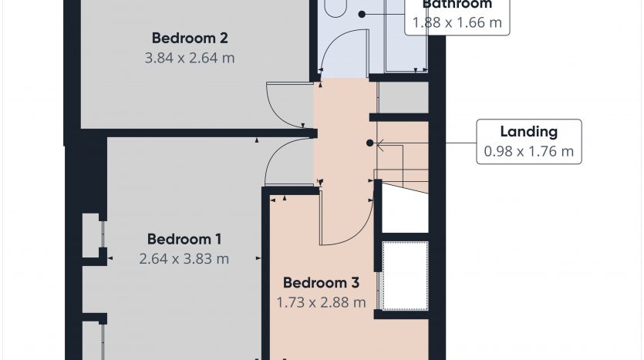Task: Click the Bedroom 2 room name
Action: coord(190,38)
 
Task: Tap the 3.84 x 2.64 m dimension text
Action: coord(190,58)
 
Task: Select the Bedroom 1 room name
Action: coord(184,239)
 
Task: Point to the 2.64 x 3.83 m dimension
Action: coord(184,258)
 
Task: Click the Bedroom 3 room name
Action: coord(321,282)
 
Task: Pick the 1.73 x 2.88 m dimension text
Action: coord(321,302)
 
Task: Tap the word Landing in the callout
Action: coord(529,131)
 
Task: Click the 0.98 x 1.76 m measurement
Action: coord(529,151)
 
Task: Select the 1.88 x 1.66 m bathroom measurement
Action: coord(457,22)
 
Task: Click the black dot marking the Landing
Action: coord(369,143)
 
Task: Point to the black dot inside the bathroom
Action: coord(362,15)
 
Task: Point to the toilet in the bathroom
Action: coord(336,8)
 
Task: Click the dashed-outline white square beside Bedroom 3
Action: coord(406,276)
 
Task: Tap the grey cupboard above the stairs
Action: coord(403,97)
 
